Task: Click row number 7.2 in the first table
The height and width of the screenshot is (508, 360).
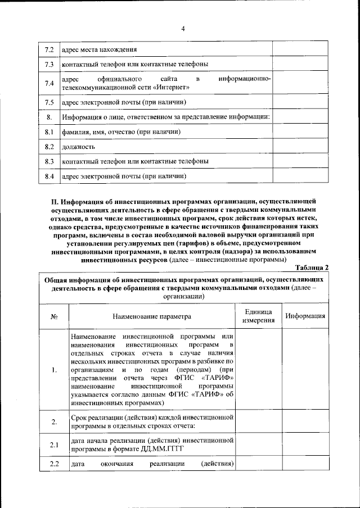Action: [x=49, y=49]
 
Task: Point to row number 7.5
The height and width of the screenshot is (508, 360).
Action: [x=49, y=102]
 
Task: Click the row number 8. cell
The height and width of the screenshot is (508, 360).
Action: [x=49, y=117]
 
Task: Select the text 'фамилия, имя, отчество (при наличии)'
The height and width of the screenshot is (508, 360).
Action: [x=121, y=132]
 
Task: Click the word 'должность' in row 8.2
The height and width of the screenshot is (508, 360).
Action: [x=78, y=147]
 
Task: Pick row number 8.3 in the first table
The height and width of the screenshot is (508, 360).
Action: [x=49, y=162]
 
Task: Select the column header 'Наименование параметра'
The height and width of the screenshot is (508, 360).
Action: [x=151, y=317]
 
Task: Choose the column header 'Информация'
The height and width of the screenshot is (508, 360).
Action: [x=305, y=316]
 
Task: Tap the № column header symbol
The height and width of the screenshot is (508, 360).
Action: [x=55, y=317]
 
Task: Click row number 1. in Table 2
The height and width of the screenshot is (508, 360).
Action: [x=55, y=370]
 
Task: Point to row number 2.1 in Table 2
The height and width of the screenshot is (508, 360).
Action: [x=55, y=446]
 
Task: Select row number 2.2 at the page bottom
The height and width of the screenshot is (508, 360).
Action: [x=55, y=464]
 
